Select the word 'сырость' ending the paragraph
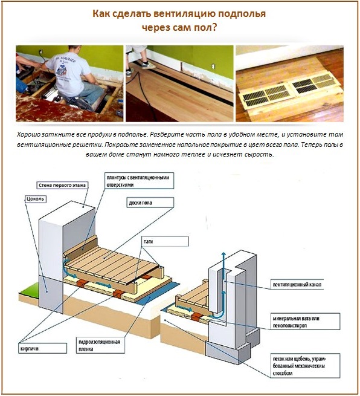coord(259,155)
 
